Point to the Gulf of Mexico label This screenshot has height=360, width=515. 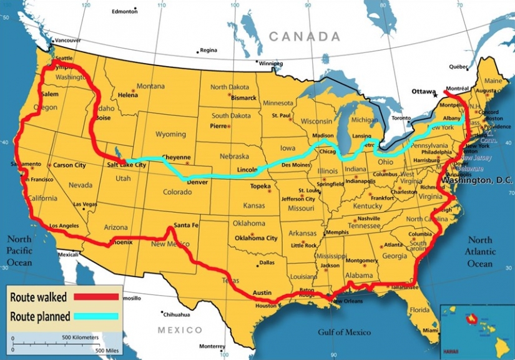(x=343, y=332)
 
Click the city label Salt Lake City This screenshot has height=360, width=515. (x=127, y=165)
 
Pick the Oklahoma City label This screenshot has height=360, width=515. (x=256, y=238)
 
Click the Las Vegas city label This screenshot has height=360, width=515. (x=86, y=205)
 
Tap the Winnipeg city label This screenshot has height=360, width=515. (x=271, y=64)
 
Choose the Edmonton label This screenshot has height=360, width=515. (x=124, y=11)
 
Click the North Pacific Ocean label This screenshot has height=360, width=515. (x=19, y=251)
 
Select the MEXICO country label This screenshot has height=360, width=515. (x=180, y=329)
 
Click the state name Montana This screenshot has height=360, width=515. (x=150, y=86)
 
